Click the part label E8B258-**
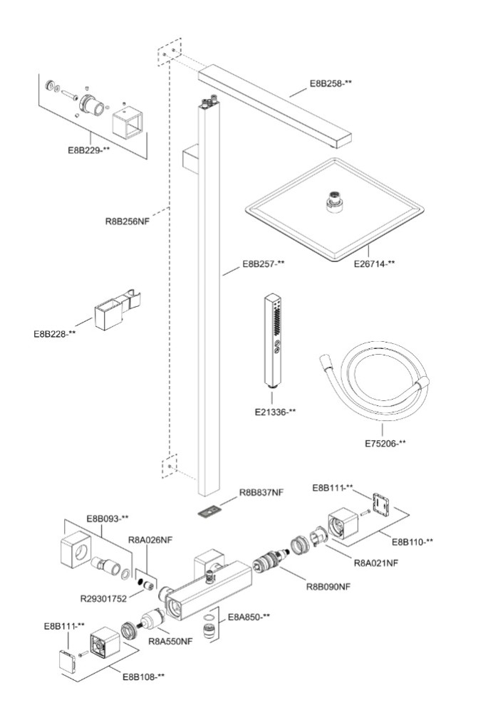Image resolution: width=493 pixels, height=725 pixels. point(331,83)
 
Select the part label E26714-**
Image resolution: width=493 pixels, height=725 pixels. point(375,264)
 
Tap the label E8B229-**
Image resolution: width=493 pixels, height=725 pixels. point(89,150)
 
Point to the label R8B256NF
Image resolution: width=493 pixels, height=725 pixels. point(128,221)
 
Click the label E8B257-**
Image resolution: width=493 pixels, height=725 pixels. point(263,264)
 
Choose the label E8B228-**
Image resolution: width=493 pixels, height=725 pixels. point(54,333)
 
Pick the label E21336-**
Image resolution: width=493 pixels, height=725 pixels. point(275,412)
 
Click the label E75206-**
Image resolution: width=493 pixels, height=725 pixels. point(385,444)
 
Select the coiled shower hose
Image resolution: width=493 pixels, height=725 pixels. point(375,385)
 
